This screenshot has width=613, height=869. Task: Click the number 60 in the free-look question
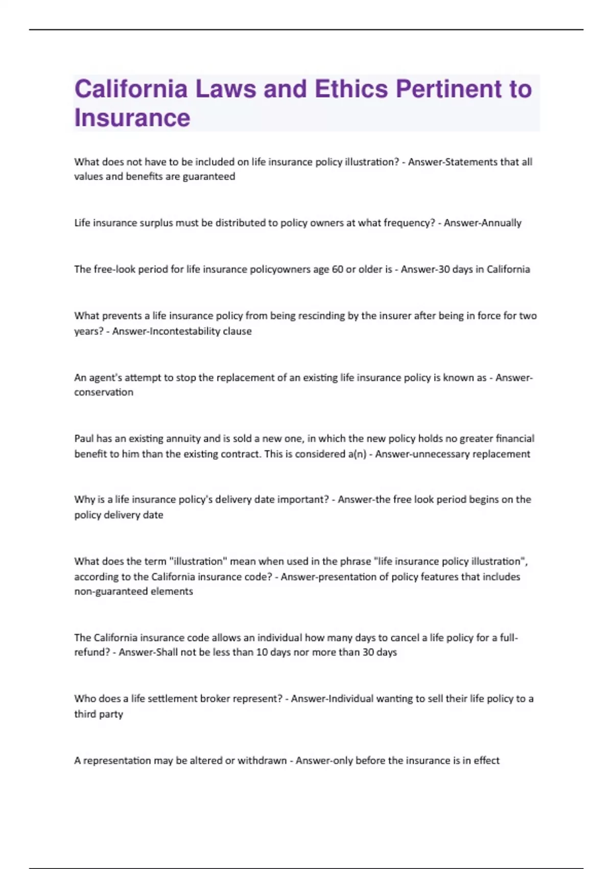point(337,269)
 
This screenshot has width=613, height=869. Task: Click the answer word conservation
point(104,393)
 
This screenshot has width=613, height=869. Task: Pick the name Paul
point(84,439)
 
